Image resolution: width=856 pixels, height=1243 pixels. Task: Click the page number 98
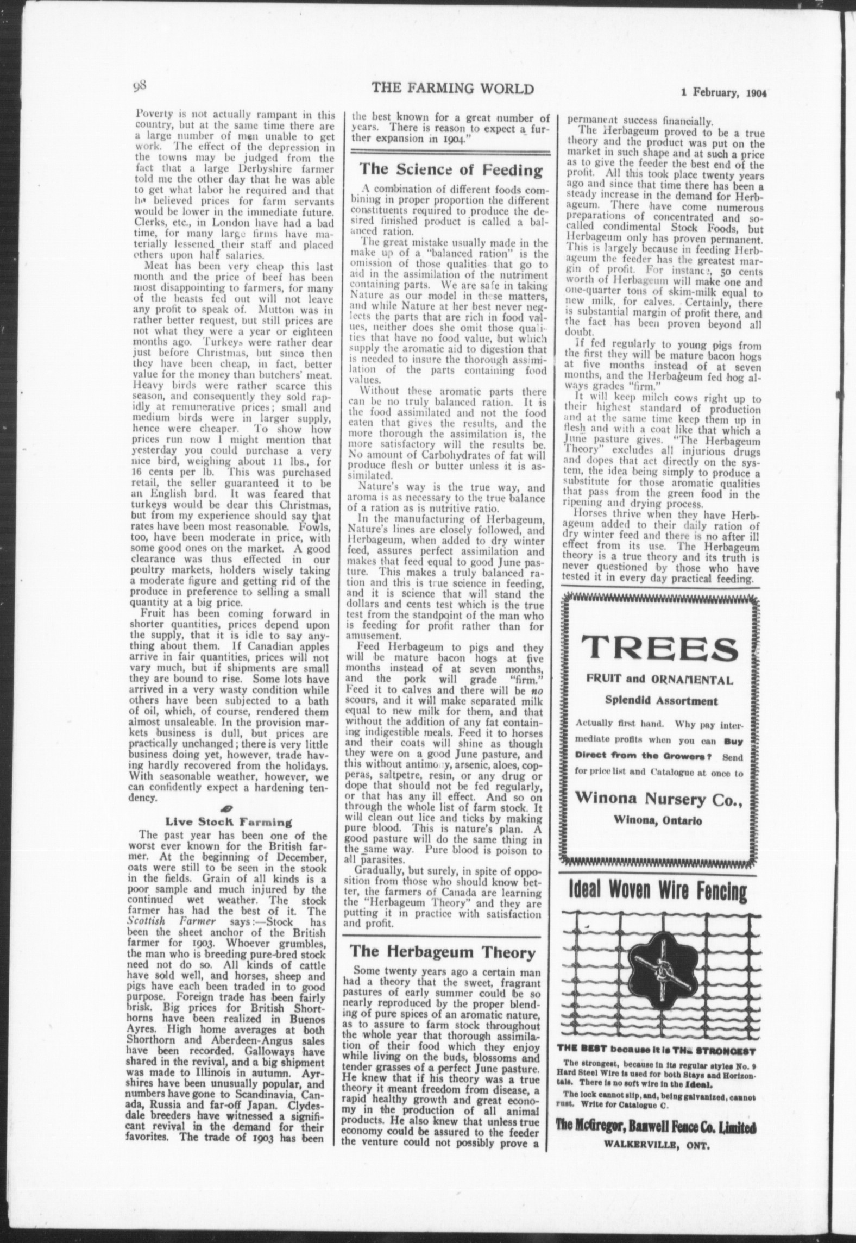(x=140, y=86)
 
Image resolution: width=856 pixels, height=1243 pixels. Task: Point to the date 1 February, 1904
(x=723, y=92)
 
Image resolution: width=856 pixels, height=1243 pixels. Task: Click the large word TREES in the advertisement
(x=659, y=649)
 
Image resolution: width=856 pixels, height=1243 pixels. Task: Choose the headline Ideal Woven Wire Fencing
(x=658, y=892)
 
